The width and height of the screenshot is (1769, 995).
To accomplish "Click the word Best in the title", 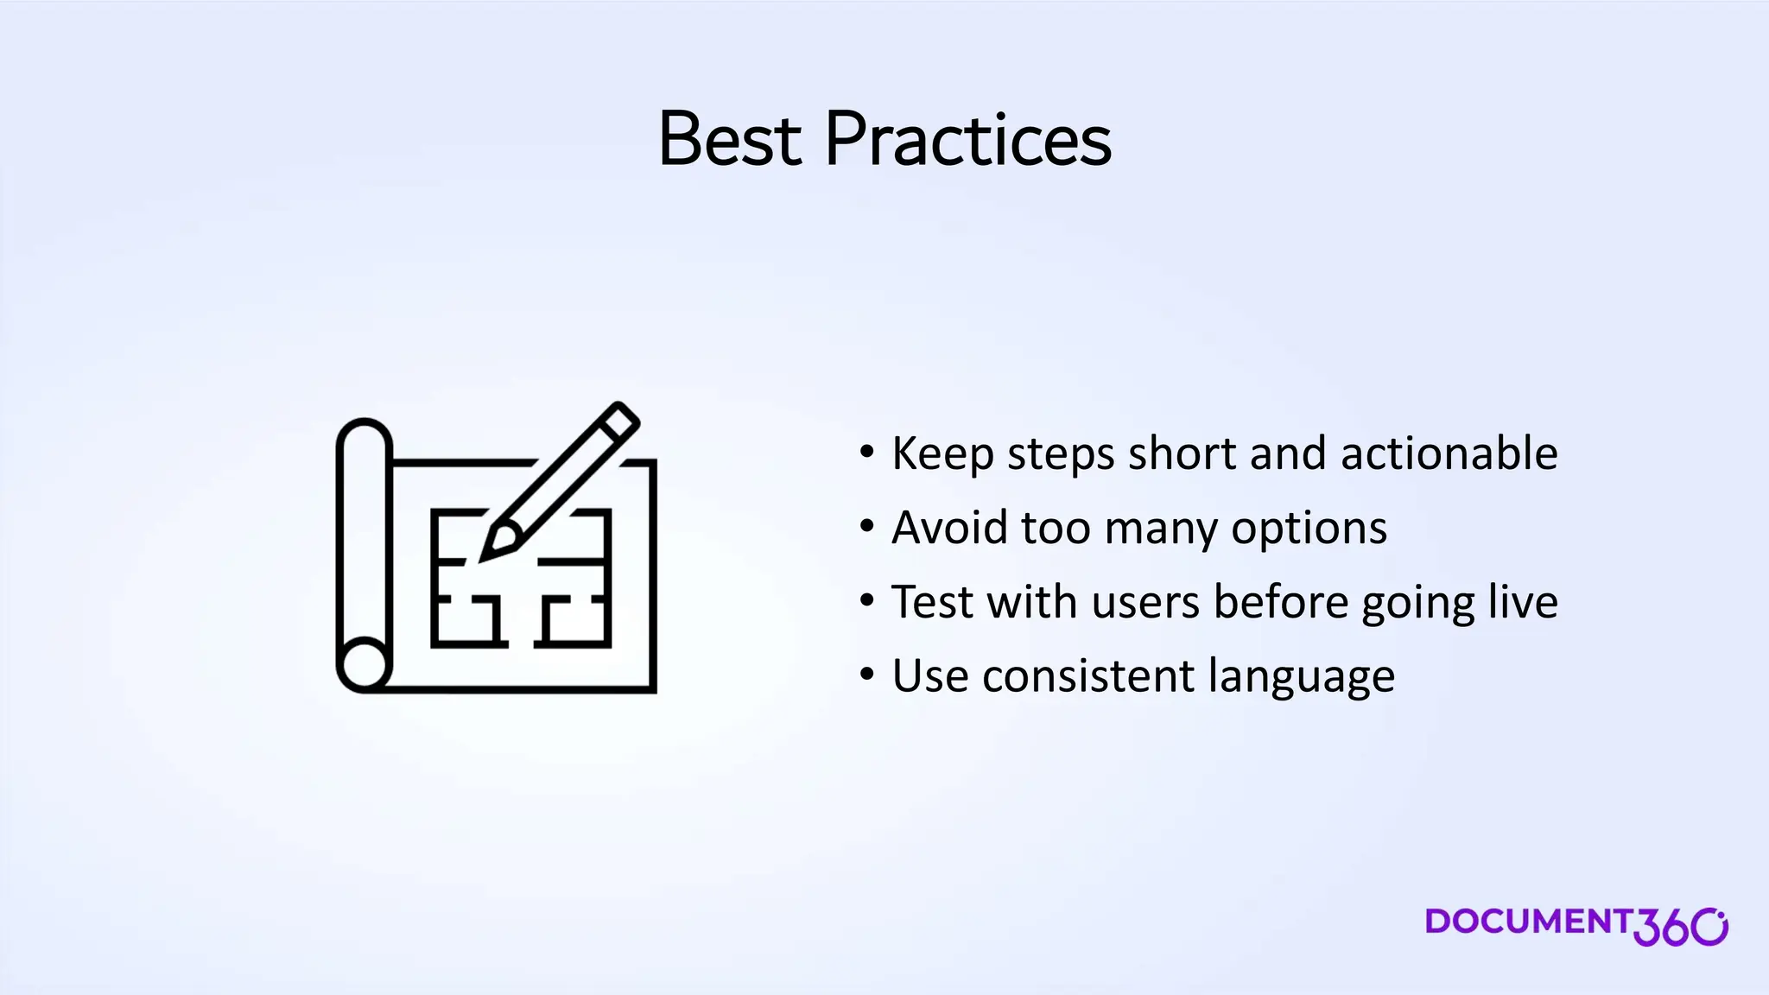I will pos(730,139).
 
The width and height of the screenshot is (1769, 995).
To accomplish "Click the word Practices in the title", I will pos(967,139).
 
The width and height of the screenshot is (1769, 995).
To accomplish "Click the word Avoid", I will pos(948,528).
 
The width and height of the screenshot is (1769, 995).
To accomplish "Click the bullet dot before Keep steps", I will pos(867,453).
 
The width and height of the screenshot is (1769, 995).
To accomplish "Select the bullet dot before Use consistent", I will pos(867,675).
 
